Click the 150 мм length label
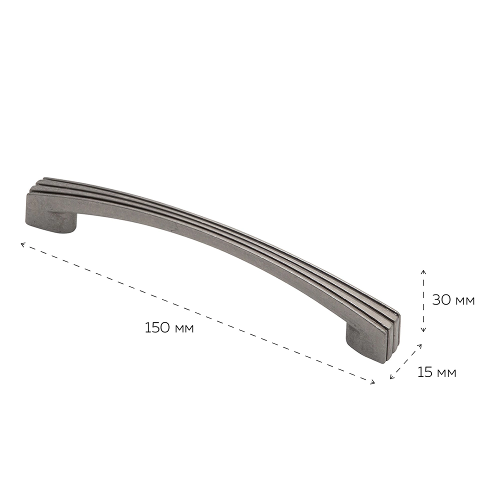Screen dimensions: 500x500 (x=169, y=328)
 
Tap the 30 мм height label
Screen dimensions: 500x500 (x=453, y=300)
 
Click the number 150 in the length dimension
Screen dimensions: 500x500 (x=157, y=328)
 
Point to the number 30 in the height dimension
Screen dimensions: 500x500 (x=441, y=300)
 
